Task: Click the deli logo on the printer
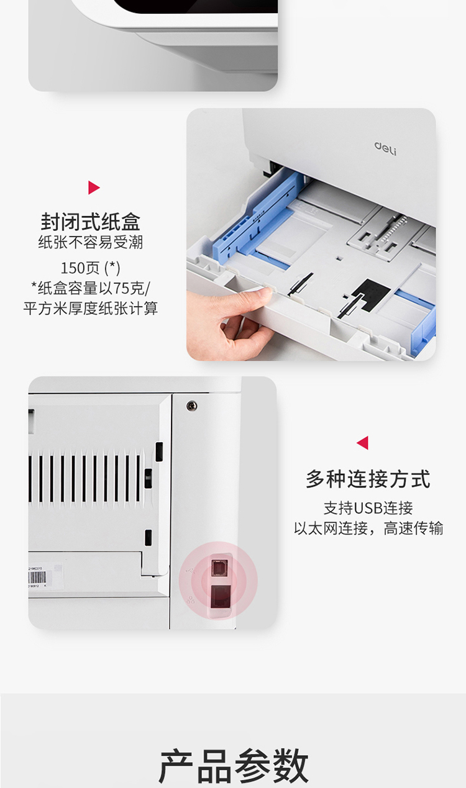(x=385, y=148)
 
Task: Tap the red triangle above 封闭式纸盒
(x=94, y=188)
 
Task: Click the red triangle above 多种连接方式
(x=362, y=443)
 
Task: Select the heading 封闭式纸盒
(x=91, y=222)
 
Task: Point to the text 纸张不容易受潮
(x=91, y=242)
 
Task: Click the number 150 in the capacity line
(x=73, y=268)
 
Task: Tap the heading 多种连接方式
(x=368, y=479)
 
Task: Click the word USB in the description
(x=368, y=508)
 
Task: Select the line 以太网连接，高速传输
(x=368, y=528)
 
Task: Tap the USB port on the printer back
(x=219, y=568)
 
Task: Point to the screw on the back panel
(x=191, y=405)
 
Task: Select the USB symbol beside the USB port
(x=192, y=570)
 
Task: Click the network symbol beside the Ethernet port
(x=190, y=599)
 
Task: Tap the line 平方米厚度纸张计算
(x=91, y=308)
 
